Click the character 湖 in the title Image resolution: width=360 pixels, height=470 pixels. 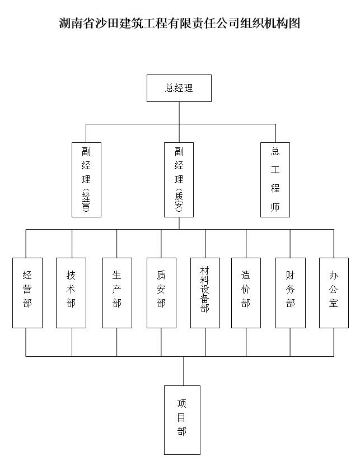coord(65,23)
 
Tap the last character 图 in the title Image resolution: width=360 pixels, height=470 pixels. coord(294,23)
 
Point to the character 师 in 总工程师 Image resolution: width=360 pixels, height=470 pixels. coord(275,207)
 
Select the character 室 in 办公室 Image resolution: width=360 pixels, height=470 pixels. coord(333,303)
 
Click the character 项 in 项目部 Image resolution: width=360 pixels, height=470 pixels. coord(182,404)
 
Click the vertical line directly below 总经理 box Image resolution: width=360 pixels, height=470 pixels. coord(179,113)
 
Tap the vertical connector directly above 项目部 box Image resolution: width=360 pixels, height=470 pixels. coord(184,371)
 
